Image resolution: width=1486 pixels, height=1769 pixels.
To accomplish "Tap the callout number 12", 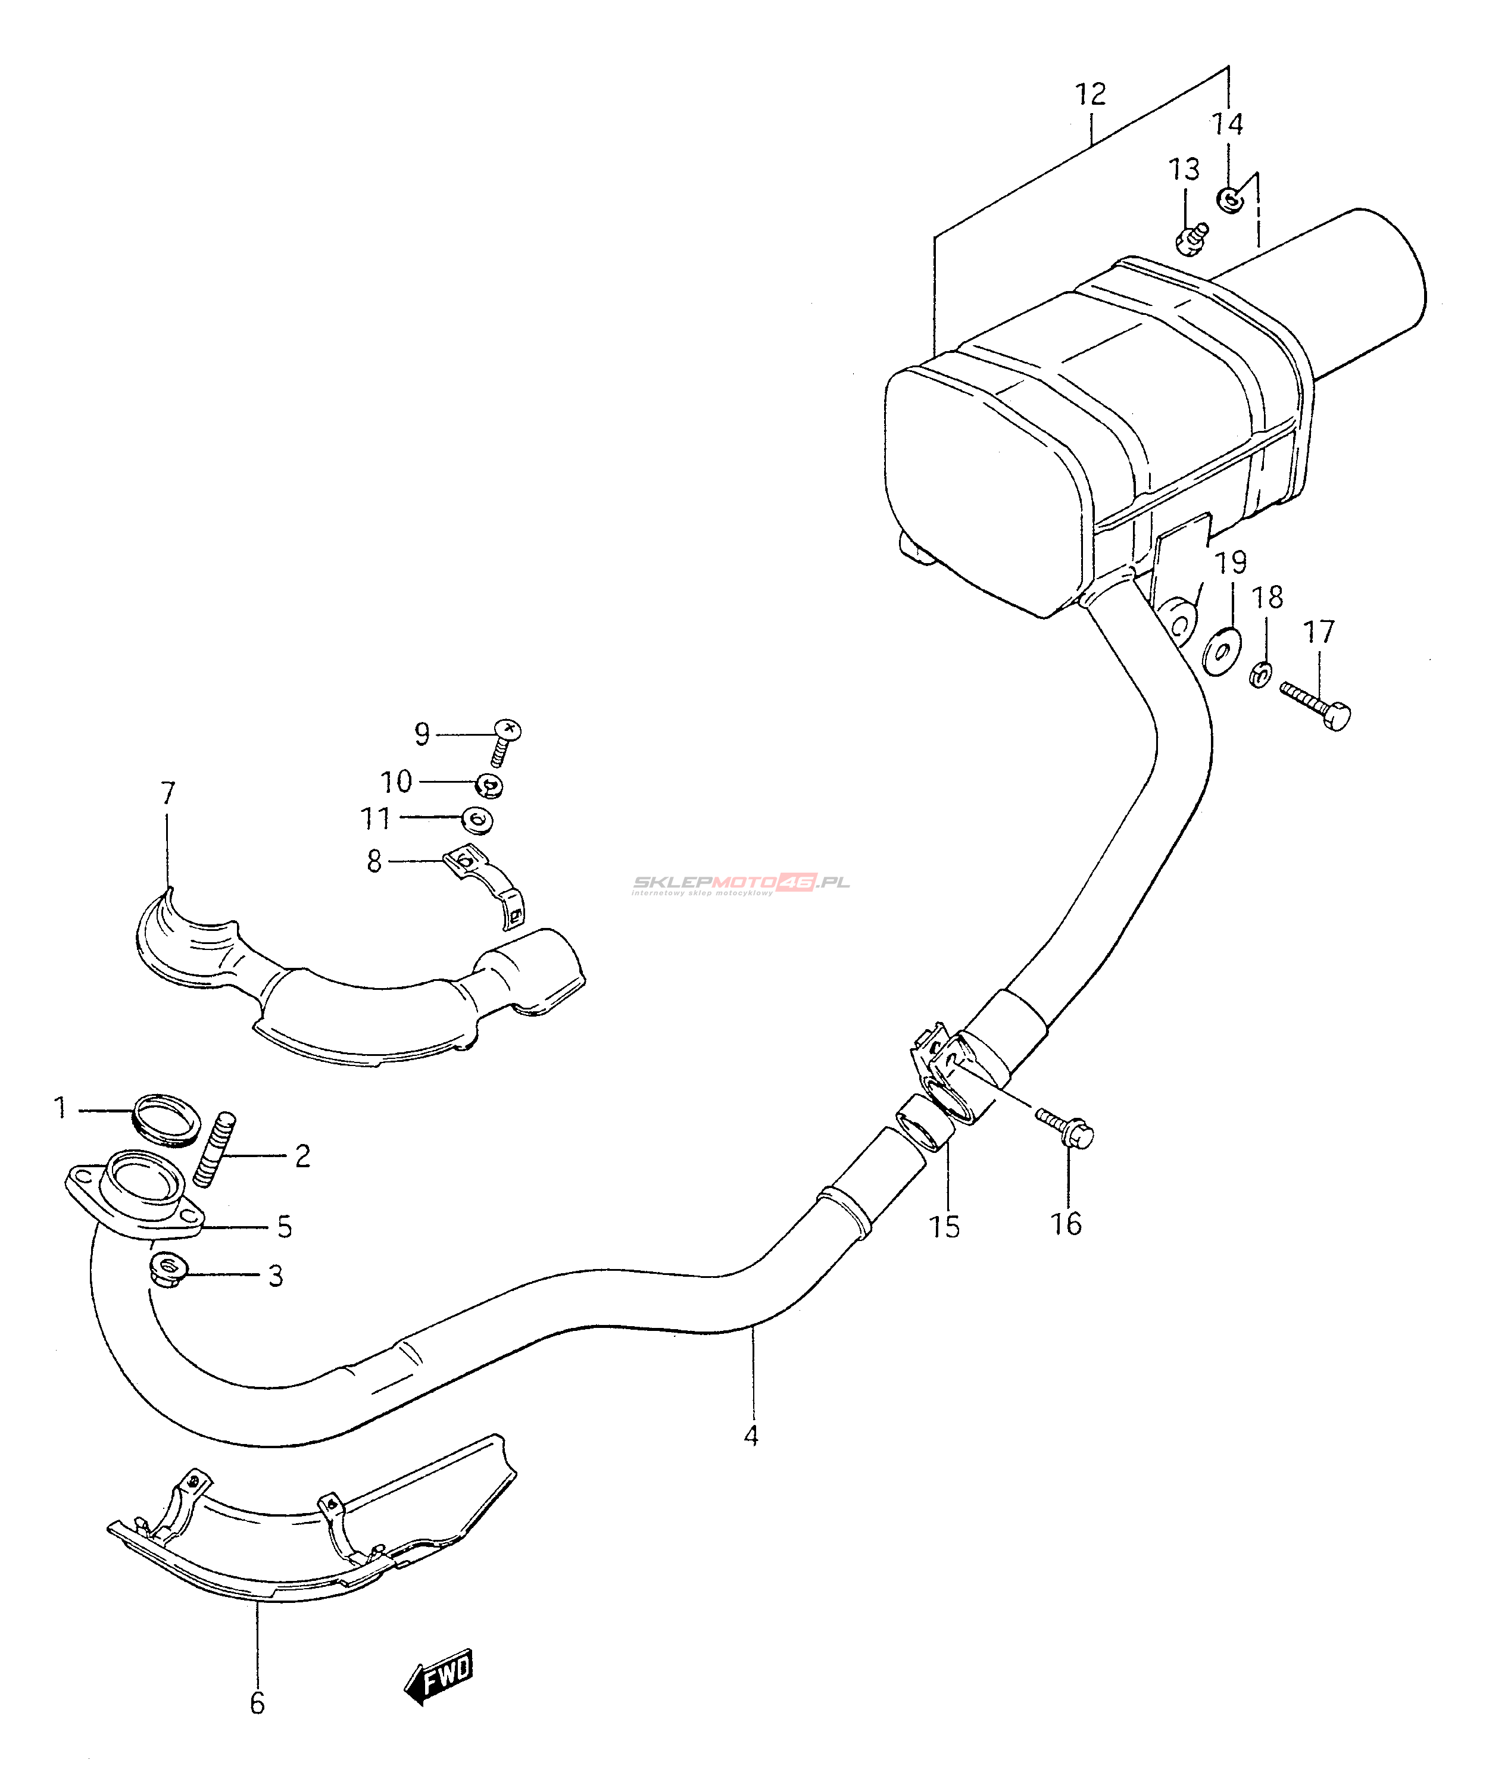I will [x=1090, y=95].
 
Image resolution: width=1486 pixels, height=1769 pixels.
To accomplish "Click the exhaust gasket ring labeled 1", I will [x=167, y=1120].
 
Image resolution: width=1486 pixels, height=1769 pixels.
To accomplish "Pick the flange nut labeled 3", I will [x=168, y=1268].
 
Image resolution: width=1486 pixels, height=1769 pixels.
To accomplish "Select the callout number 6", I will [x=258, y=1704].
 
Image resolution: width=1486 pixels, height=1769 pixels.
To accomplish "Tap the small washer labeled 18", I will [x=1261, y=674].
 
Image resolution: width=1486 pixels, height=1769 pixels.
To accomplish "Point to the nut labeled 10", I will [x=489, y=785].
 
